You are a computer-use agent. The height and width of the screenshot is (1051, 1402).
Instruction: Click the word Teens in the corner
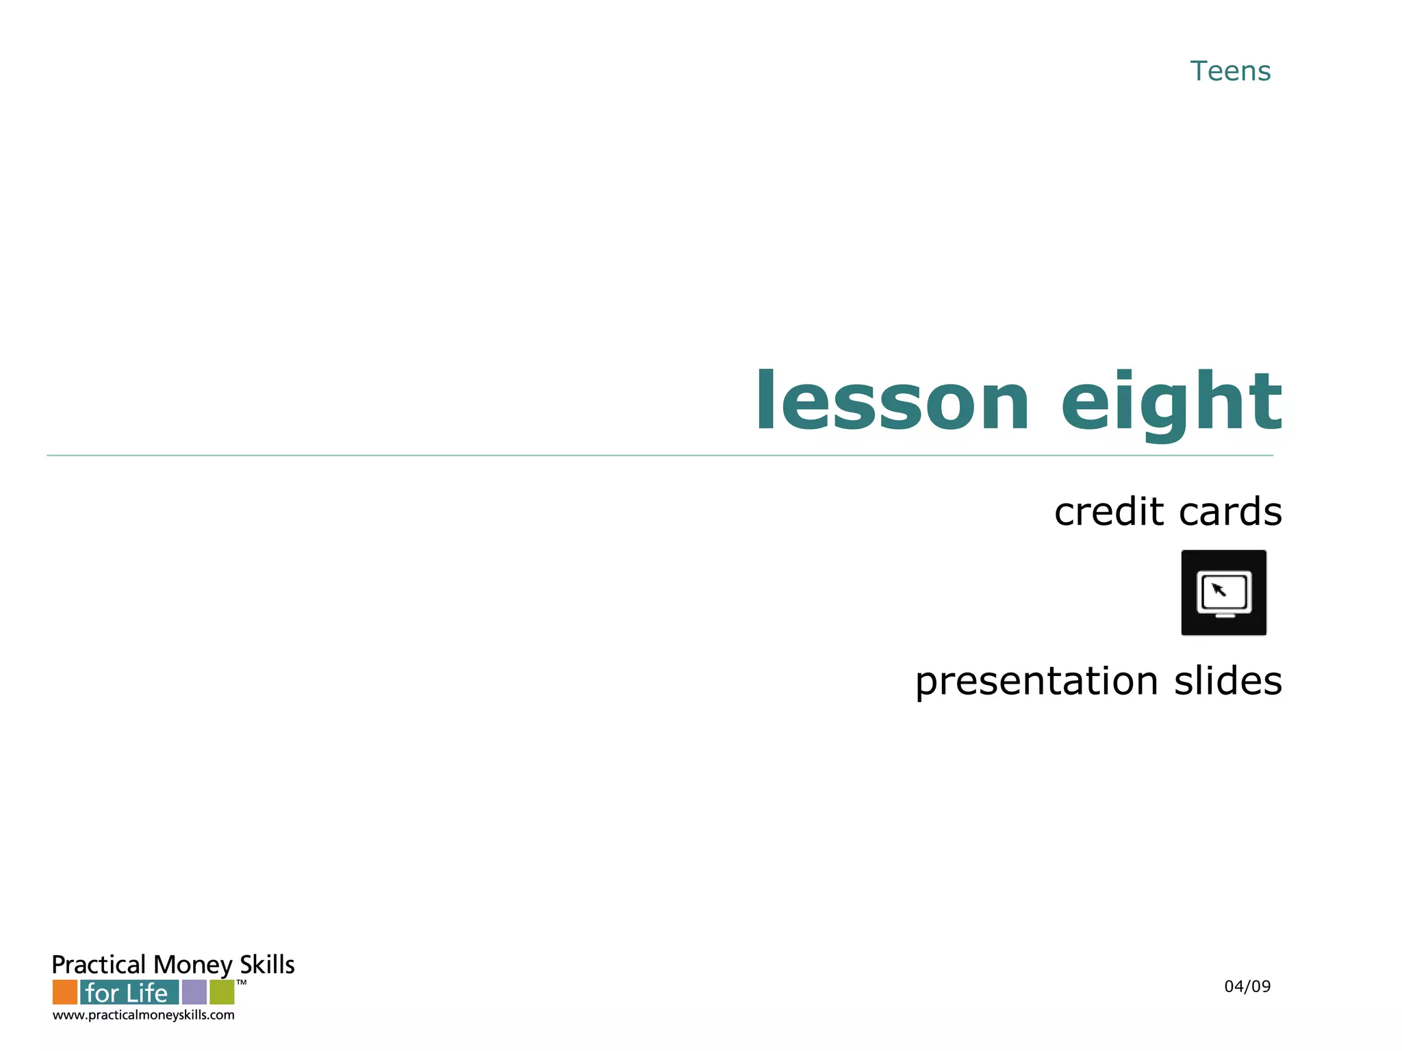[x=1230, y=71]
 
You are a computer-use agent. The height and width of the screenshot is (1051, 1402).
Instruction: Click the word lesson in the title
[x=892, y=402]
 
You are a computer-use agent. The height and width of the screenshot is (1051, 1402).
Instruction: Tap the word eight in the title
[x=1171, y=404]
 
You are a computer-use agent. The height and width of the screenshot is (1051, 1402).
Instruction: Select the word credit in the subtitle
[x=1108, y=511]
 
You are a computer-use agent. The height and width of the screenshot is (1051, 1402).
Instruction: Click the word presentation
[x=1036, y=681]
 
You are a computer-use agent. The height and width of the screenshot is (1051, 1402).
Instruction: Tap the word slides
[x=1228, y=681]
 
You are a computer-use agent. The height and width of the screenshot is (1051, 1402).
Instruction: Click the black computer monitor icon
[x=1223, y=593]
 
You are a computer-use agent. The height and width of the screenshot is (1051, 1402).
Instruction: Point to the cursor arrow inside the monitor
[x=1219, y=589]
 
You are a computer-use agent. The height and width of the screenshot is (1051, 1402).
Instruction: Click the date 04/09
[x=1247, y=987]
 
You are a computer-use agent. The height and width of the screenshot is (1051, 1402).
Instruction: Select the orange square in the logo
[x=65, y=992]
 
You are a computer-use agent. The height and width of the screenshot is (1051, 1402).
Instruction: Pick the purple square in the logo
[x=194, y=992]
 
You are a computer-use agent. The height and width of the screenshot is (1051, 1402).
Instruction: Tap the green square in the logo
[x=222, y=992]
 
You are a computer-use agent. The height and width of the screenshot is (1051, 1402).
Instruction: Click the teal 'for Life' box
[x=129, y=992]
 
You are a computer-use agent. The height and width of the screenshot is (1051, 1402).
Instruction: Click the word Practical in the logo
[x=99, y=965]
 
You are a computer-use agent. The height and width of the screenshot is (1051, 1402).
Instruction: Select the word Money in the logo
[x=193, y=965]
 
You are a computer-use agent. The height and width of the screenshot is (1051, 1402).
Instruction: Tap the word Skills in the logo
[x=267, y=964]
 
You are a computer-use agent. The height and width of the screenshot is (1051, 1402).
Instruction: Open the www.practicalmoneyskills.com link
[x=144, y=1015]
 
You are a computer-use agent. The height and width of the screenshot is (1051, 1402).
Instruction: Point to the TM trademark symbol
[x=242, y=983]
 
